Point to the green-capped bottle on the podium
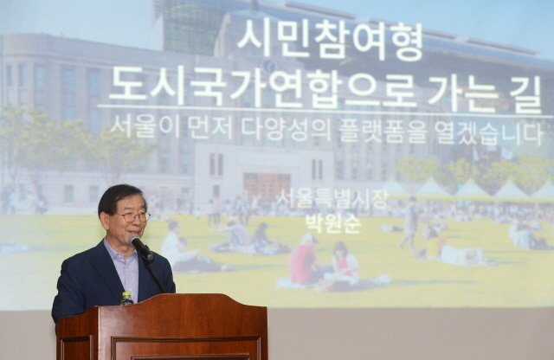(x=126, y=299)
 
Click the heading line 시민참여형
(x=329, y=40)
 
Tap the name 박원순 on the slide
(x=332, y=223)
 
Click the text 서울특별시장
(x=332, y=199)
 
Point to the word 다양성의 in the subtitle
(x=286, y=129)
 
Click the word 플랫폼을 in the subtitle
(x=382, y=132)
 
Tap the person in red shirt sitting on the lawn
(x=303, y=260)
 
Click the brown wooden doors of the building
(x=267, y=186)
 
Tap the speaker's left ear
(x=106, y=219)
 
